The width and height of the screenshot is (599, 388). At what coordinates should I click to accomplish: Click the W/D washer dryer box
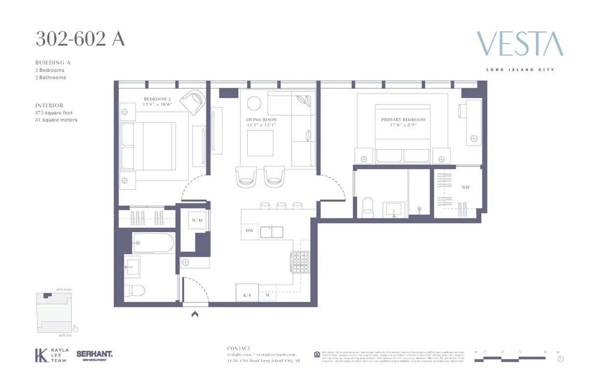tap(197, 220)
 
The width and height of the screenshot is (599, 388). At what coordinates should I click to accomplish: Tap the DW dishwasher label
tap(249, 230)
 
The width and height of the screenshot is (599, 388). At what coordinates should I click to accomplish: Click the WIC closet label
tap(465, 187)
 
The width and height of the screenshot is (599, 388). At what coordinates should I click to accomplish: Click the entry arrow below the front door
tap(195, 315)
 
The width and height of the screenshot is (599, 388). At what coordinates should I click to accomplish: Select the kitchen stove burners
tap(299, 262)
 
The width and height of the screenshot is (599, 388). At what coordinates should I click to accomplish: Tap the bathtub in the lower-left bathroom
tap(153, 242)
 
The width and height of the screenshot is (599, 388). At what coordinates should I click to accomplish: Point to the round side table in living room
tap(254, 103)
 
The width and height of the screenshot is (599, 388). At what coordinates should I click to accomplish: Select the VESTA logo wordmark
tap(520, 44)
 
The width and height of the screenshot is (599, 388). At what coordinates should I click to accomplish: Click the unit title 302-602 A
tap(80, 39)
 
